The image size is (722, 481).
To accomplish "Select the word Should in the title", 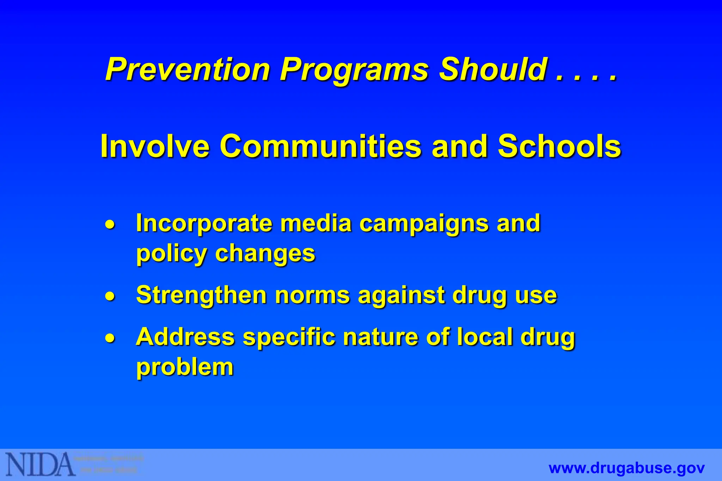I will click(493, 69).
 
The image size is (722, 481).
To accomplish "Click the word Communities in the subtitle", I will click(320, 146).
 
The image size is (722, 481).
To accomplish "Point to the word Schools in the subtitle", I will click(559, 146).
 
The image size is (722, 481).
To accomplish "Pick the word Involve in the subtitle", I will click(155, 146).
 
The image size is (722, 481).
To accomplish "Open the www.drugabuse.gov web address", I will click(626, 468).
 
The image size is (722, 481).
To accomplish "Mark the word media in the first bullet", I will click(316, 224).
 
